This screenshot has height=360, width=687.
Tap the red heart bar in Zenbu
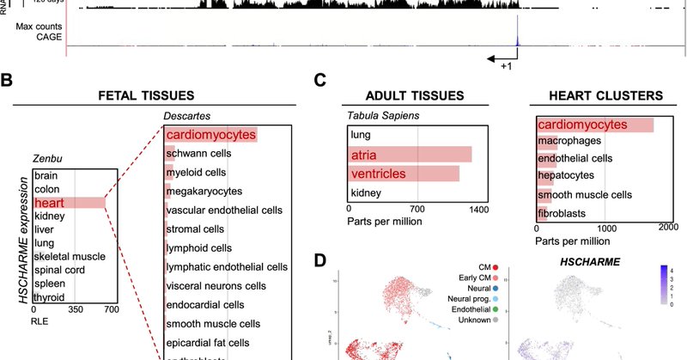pos(69,203)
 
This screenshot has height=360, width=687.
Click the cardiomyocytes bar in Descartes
pos(210,135)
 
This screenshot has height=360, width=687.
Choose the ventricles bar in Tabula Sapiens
pos(404,174)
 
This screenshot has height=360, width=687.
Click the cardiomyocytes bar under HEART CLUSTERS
pos(593,125)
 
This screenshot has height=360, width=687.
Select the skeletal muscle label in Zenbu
pos(70,257)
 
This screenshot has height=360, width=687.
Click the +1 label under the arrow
pos(508,66)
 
